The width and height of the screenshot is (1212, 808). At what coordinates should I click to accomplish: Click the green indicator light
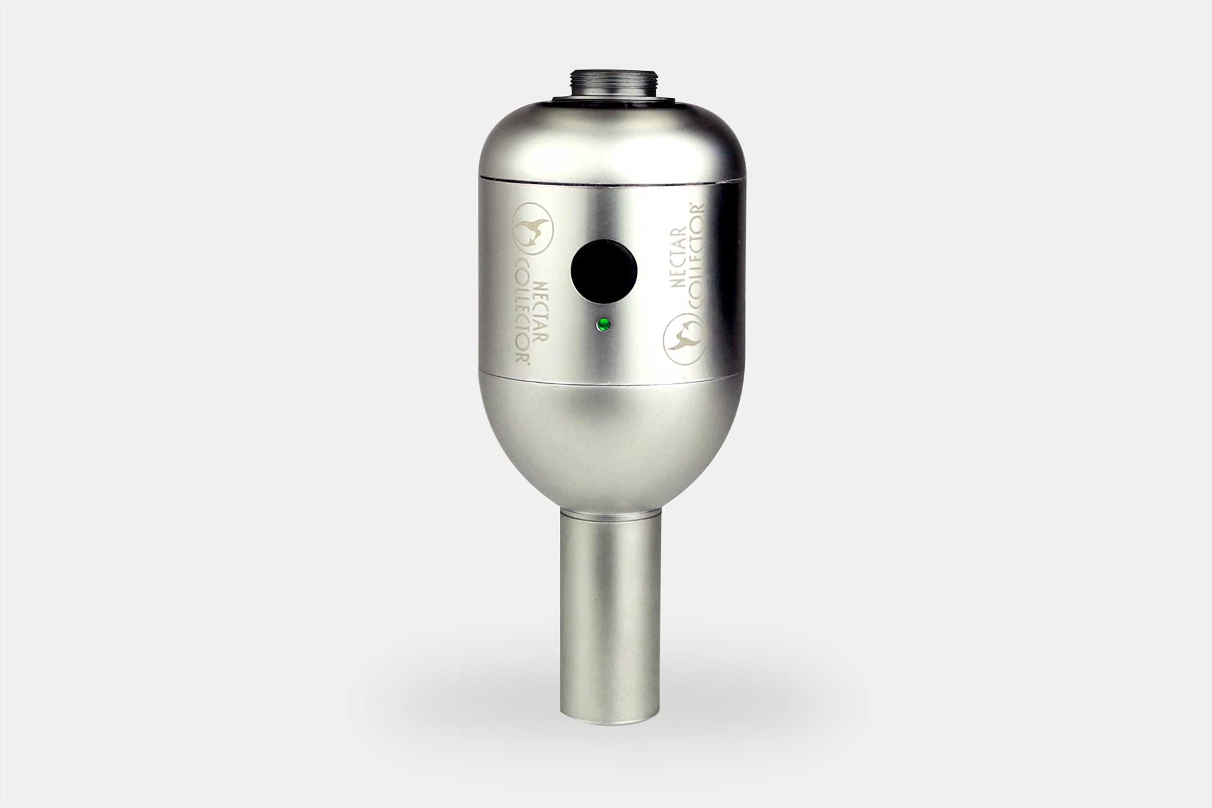(603, 326)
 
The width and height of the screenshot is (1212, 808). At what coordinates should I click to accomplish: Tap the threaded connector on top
(605, 84)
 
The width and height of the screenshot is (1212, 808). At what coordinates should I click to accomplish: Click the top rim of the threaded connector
(605, 71)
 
